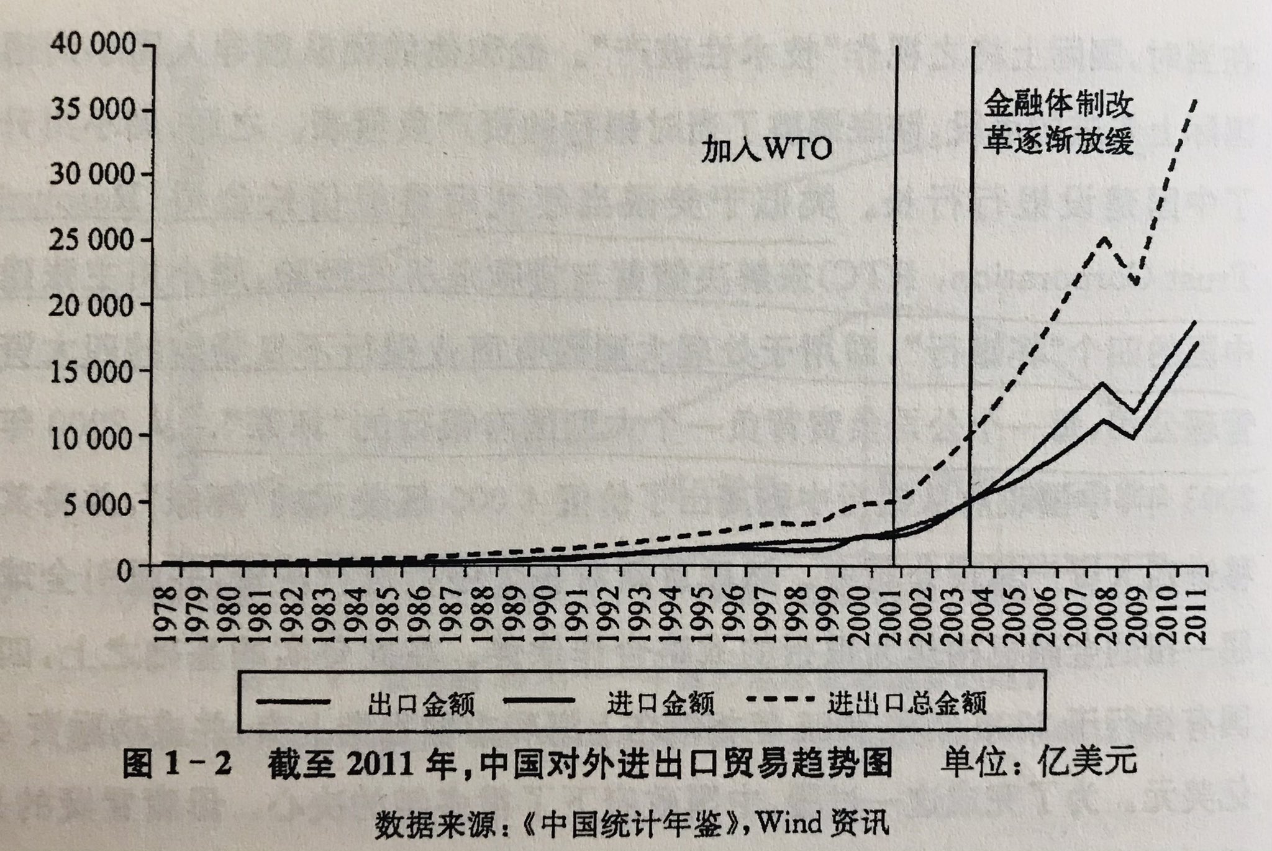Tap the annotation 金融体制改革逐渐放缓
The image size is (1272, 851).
1058,124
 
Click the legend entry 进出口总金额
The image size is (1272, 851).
907,704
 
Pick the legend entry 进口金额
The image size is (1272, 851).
660,704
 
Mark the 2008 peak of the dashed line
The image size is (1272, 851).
1103,239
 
